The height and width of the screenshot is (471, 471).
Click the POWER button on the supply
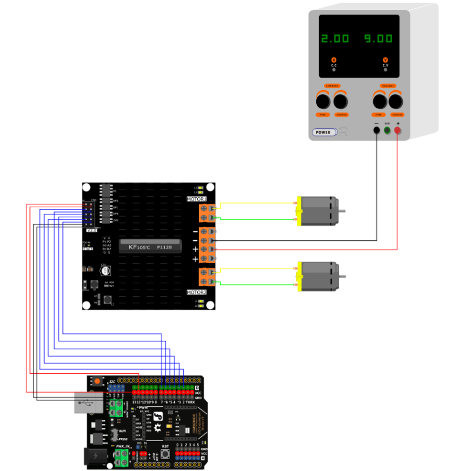coord(324,132)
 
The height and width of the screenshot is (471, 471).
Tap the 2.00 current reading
coord(334,39)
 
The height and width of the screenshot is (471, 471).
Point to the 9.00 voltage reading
coord(378,39)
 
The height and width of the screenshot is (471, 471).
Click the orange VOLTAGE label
coord(387,86)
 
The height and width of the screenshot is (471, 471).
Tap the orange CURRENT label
coord(332,86)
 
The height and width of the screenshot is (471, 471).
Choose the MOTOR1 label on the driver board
coord(197,199)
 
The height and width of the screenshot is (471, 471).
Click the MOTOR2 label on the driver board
coord(197,292)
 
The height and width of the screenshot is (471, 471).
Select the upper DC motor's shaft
coord(341,210)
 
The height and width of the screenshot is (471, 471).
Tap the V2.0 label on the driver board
coord(91,230)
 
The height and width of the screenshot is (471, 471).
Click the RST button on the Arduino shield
coord(165,453)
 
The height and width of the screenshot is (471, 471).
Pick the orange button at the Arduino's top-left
coord(97,382)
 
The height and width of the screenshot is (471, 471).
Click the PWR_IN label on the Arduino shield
coord(122,447)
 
